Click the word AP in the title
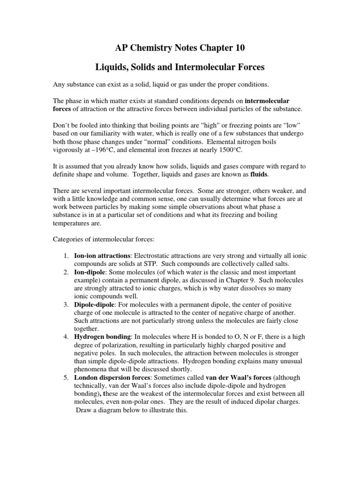click(x=121, y=48)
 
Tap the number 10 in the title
click(x=239, y=48)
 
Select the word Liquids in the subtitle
click(x=112, y=67)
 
